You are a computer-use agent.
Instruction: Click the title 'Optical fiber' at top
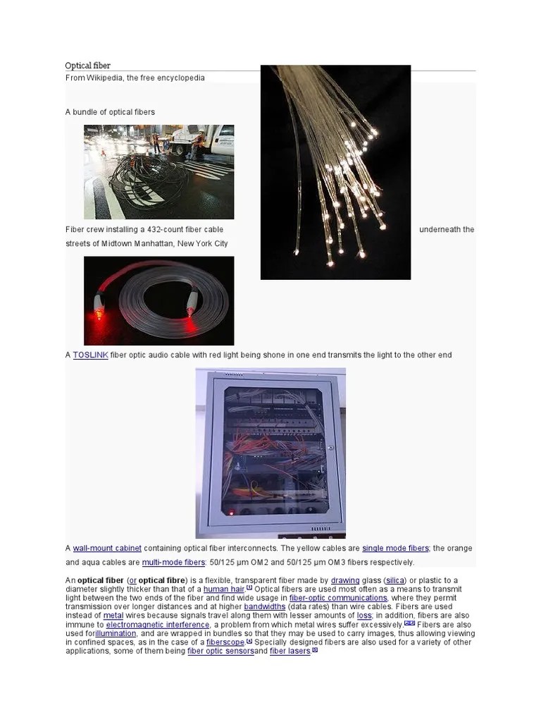click(88, 66)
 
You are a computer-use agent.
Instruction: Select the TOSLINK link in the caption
click(90, 355)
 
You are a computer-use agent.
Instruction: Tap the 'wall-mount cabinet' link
click(107, 548)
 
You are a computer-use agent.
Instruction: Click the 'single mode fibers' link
click(395, 548)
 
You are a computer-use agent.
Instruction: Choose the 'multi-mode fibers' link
click(173, 562)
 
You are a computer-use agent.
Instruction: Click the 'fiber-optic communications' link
click(338, 598)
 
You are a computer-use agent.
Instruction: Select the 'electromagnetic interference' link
click(158, 624)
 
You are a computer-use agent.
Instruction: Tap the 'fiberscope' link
click(225, 642)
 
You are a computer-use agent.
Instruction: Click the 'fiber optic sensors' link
click(220, 651)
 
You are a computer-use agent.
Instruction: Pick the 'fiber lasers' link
click(290, 651)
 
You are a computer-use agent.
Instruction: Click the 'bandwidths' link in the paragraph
click(265, 606)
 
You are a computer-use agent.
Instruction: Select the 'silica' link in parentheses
click(395, 580)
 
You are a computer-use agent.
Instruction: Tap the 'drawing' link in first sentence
click(345, 580)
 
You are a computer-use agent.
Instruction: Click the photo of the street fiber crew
click(158, 171)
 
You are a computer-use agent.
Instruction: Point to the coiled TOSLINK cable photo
click(158, 300)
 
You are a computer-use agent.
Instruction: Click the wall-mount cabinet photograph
click(270, 453)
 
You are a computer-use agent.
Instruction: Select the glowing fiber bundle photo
click(335, 172)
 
